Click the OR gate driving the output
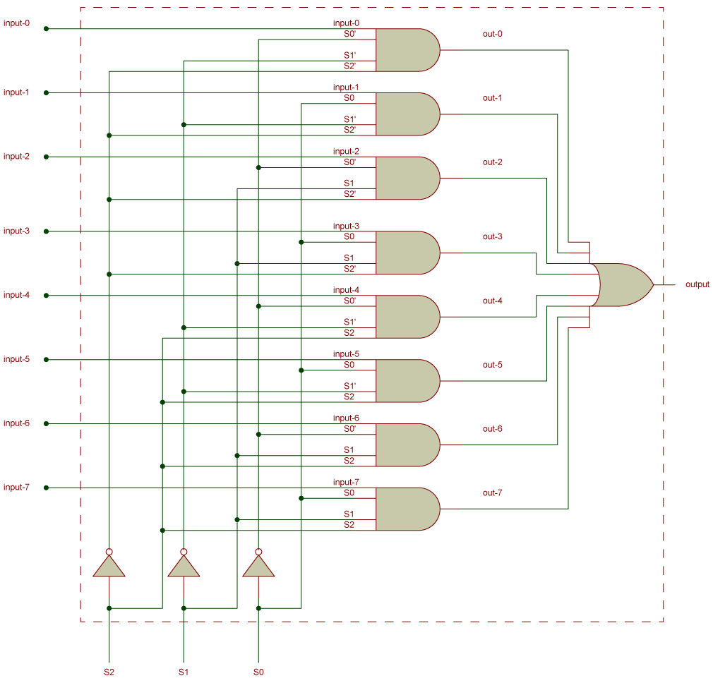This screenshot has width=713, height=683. click(x=621, y=285)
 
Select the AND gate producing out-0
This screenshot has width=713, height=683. click(x=407, y=50)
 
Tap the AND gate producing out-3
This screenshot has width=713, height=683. click(x=407, y=253)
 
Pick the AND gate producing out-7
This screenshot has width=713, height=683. click(x=407, y=509)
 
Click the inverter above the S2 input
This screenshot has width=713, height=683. click(x=109, y=565)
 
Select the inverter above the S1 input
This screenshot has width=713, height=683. click(x=184, y=565)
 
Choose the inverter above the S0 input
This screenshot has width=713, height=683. click(x=258, y=565)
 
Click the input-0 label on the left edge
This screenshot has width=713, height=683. click(x=16, y=23)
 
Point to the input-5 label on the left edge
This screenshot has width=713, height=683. click(x=16, y=359)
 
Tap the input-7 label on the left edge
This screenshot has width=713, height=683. click(x=16, y=488)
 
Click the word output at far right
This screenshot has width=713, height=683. click(x=697, y=284)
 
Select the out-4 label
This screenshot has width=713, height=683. click(x=492, y=301)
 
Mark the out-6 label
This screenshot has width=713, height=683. click(x=492, y=429)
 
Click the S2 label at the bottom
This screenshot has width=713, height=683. click(x=109, y=672)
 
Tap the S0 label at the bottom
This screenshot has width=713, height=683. click(x=258, y=672)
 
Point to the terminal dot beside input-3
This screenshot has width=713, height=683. click(x=47, y=231)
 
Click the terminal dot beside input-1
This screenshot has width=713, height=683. click(x=47, y=92)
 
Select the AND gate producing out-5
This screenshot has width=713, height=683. click(x=407, y=381)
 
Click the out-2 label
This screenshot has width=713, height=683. click(x=492, y=162)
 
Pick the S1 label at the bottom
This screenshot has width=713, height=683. click(x=184, y=672)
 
